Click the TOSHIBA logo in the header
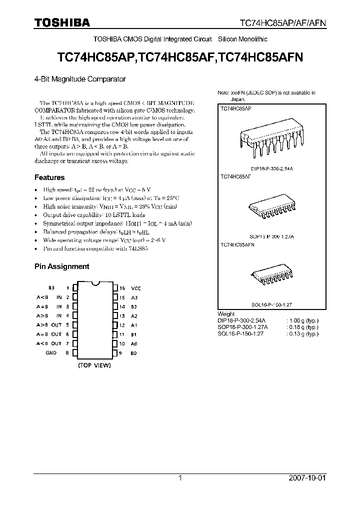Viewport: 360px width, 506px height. pyautogui.click(x=62, y=22)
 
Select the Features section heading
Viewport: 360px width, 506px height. pyautogui.click(x=49, y=177)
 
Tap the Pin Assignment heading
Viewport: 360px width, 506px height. pyautogui.click(x=61, y=266)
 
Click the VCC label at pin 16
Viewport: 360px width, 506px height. pyautogui.click(x=136, y=288)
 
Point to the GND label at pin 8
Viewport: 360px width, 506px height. pyautogui.click(x=51, y=353)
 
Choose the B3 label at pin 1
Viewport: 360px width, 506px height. pyautogui.click(x=51, y=288)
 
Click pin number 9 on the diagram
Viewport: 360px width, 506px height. pyautogui.click(x=120, y=353)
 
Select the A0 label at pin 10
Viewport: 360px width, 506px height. pyautogui.click(x=134, y=344)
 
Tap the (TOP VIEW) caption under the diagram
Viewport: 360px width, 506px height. pyautogui.click(x=94, y=365)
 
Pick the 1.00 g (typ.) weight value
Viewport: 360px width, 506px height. pyautogui.click(x=302, y=320)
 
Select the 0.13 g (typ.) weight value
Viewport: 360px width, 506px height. pyautogui.click(x=302, y=333)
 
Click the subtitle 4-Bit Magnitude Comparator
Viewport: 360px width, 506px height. pyautogui.click(x=79, y=79)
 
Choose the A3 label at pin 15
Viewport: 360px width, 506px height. pyautogui.click(x=134, y=297)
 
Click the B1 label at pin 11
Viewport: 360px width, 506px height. pyautogui.click(x=134, y=334)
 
